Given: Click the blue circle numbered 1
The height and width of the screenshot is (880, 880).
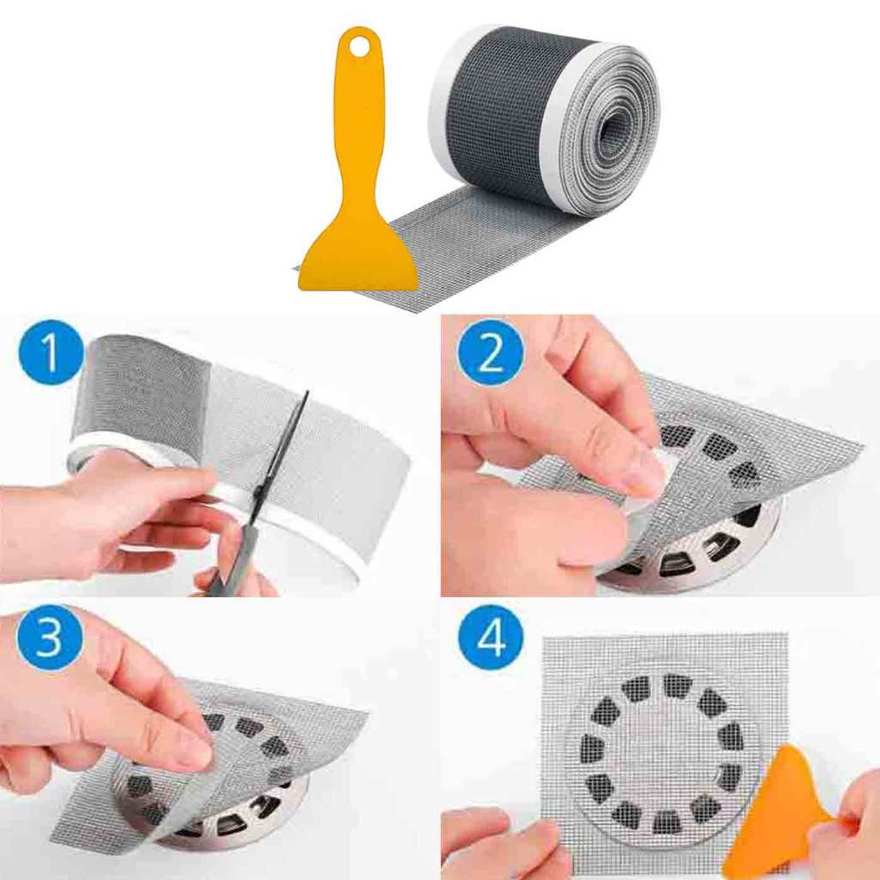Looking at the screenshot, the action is point(51,351).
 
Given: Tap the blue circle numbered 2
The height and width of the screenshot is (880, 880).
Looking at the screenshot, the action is point(491,351).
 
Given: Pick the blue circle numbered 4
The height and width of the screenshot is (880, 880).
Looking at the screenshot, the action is point(491,639).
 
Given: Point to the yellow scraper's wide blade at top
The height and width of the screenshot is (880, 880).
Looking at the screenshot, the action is point(358,261).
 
